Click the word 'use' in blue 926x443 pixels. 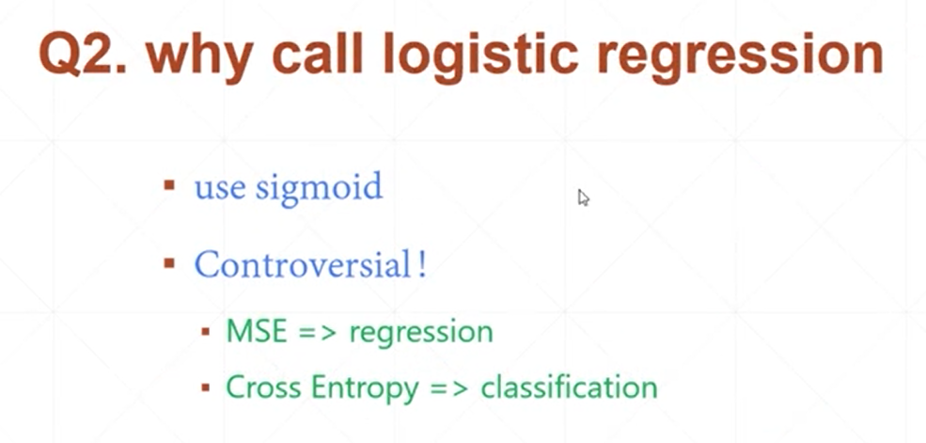[x=220, y=187]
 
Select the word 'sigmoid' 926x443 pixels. [x=319, y=189]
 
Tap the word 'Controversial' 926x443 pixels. [x=302, y=265]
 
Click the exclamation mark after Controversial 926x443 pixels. [x=422, y=264]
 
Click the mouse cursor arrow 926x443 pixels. [x=583, y=198]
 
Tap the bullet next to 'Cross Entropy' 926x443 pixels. [x=205, y=387]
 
